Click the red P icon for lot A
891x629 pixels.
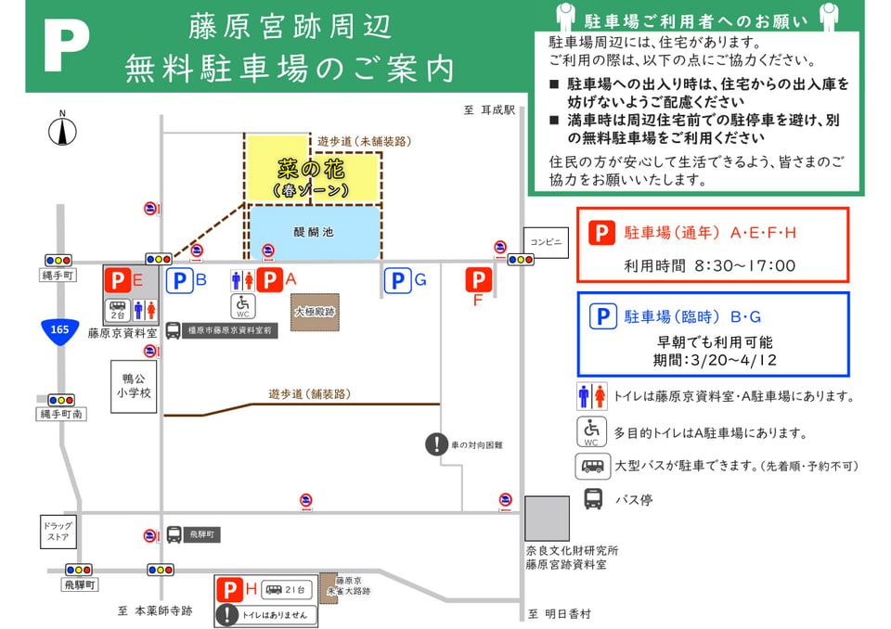tap(270, 279)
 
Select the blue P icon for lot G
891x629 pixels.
tap(397, 280)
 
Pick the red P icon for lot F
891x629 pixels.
tap(479, 279)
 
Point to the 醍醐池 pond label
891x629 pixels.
tap(314, 232)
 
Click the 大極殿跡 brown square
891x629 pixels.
tap(316, 313)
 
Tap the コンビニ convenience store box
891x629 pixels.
tap(545, 242)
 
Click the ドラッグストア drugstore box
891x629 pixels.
tap(58, 532)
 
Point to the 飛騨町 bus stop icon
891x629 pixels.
tap(174, 534)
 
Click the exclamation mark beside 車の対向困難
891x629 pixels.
tap(436, 444)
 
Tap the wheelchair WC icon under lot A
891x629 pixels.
tap(244, 304)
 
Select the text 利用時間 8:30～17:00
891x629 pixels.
tap(710, 265)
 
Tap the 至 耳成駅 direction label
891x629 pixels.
tap(489, 109)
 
